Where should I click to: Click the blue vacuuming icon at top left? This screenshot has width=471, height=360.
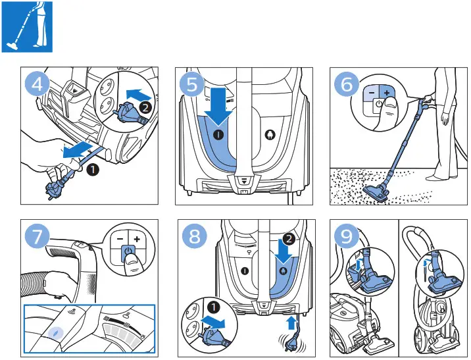(x=27, y=28)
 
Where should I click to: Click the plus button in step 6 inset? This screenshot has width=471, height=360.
(x=386, y=93)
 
